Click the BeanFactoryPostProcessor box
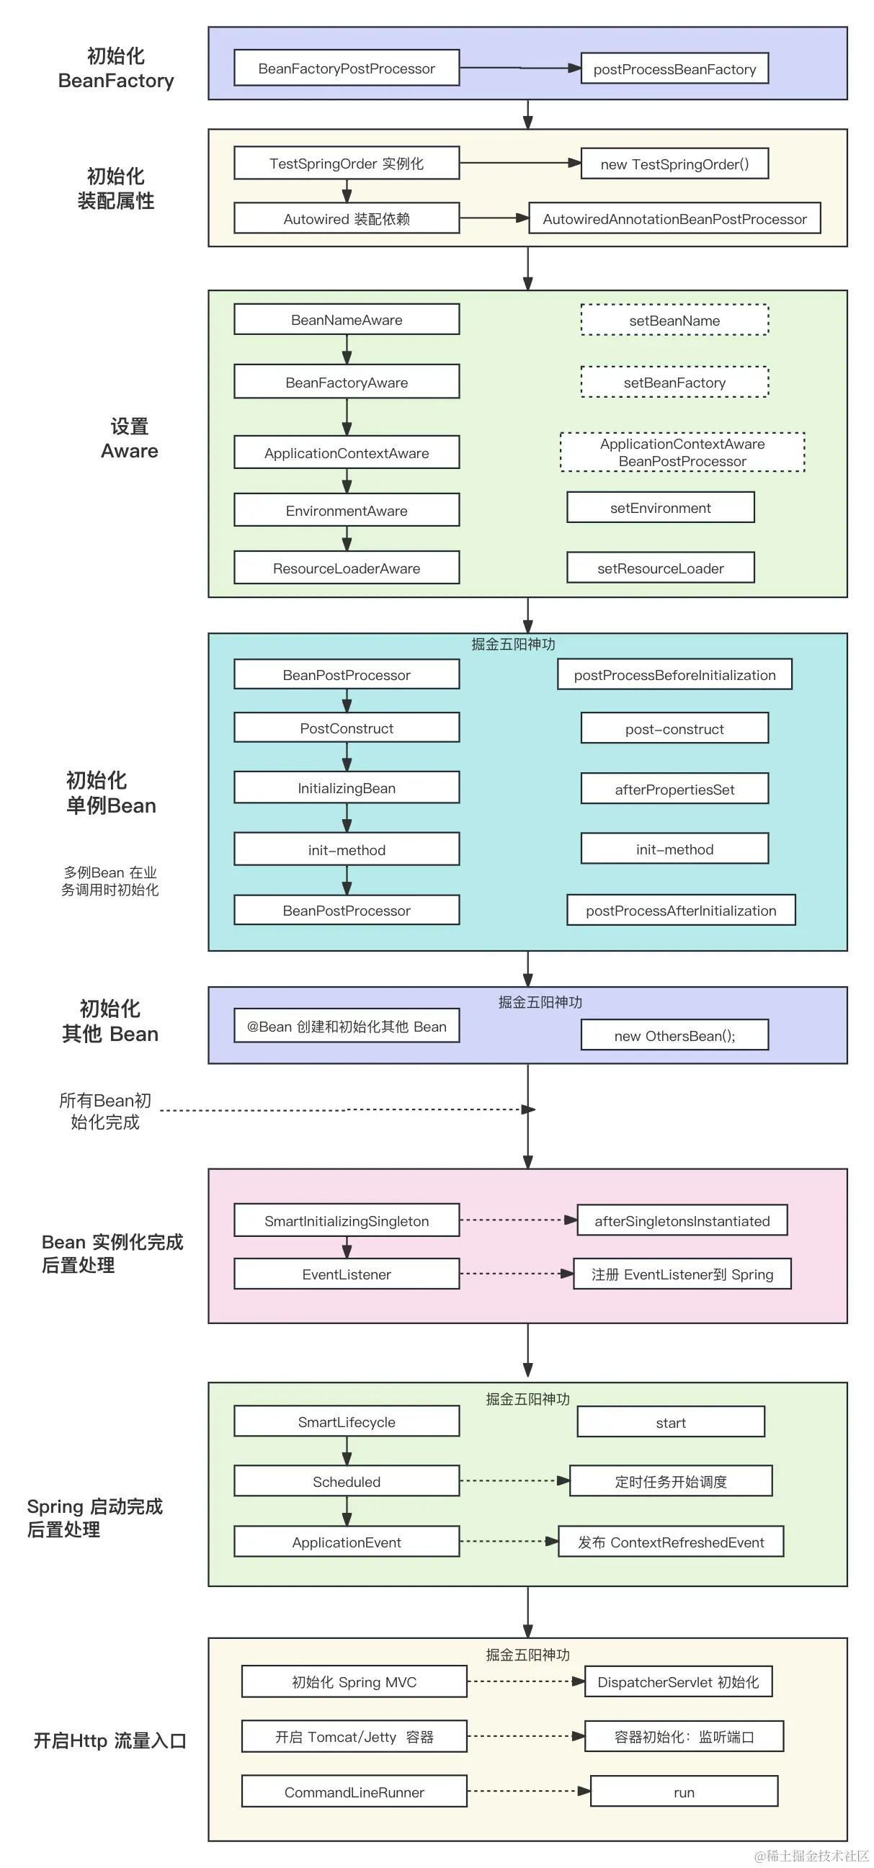[346, 68]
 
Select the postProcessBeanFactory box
[674, 69]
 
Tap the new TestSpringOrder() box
[674, 164]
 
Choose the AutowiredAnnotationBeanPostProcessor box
[674, 218]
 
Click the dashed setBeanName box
[674, 320]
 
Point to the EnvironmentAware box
[346, 511]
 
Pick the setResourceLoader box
[660, 568]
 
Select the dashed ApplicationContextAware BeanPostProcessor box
[682, 452]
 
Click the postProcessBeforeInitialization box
[674, 674]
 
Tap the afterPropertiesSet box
[674, 789]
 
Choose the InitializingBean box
[346, 787]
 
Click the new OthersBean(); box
[674, 1035]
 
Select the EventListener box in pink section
[346, 1274]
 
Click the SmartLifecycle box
[346, 1421]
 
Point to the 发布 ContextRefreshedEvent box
[670, 1542]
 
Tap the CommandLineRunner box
[353, 1792]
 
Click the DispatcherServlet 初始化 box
[677, 1681]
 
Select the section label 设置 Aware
[129, 439]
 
